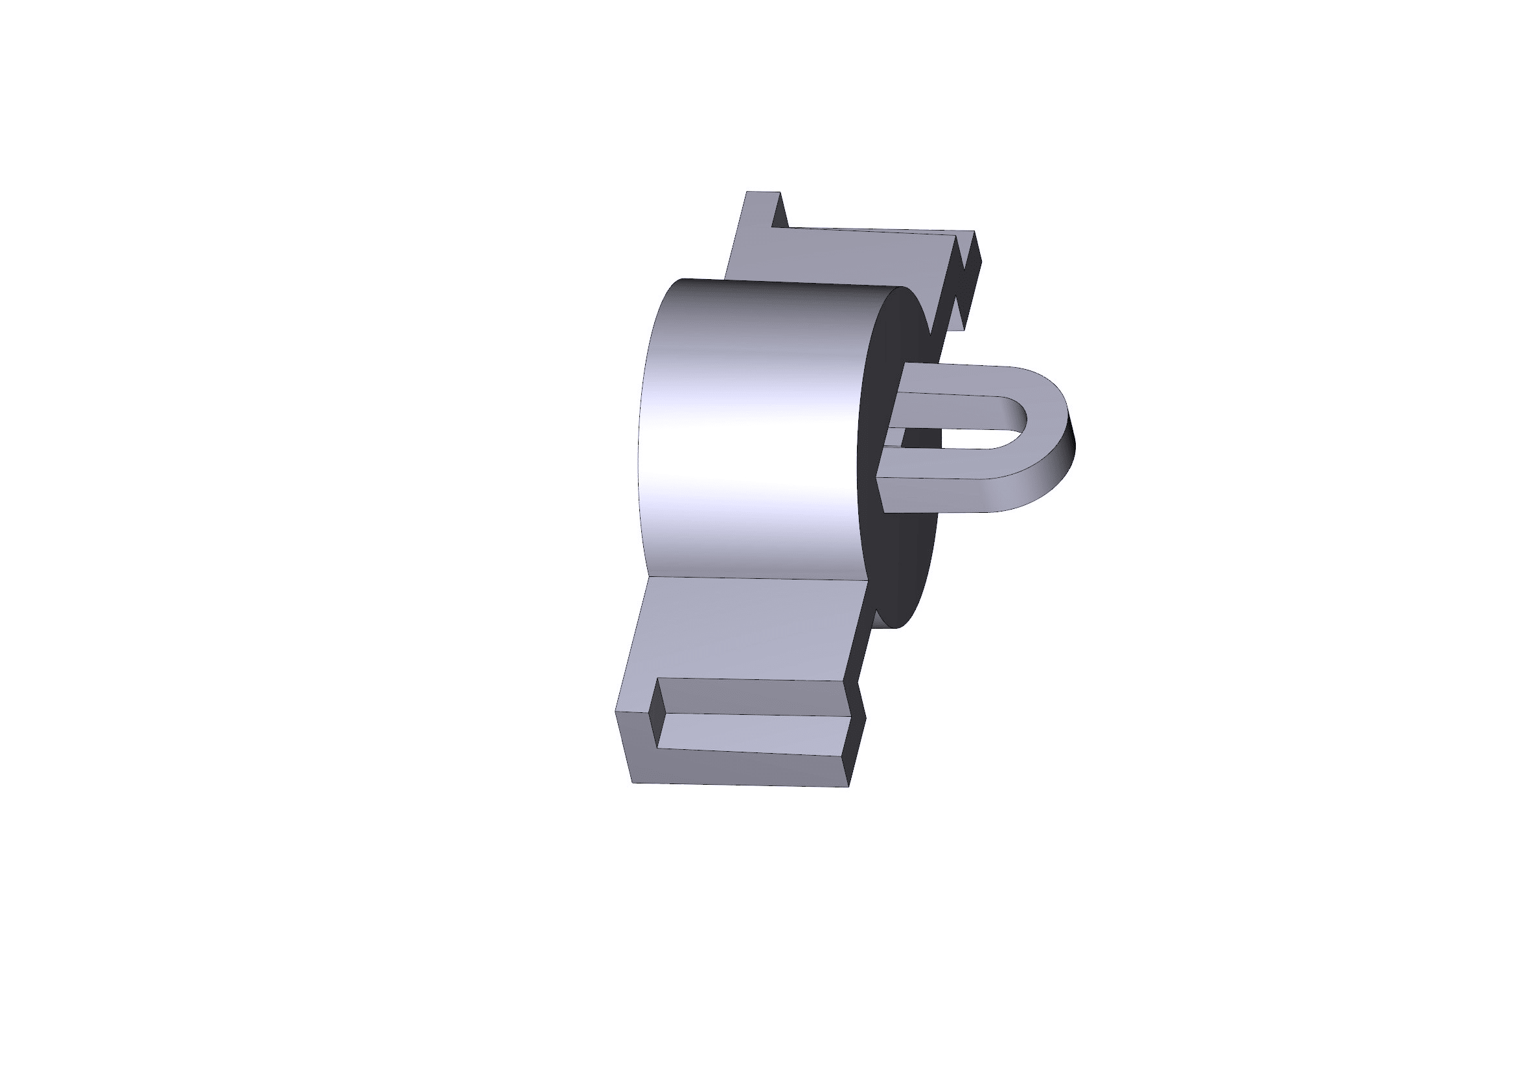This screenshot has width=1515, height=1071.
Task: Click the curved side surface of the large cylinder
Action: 752,429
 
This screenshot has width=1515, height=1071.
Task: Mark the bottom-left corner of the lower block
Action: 633,782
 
